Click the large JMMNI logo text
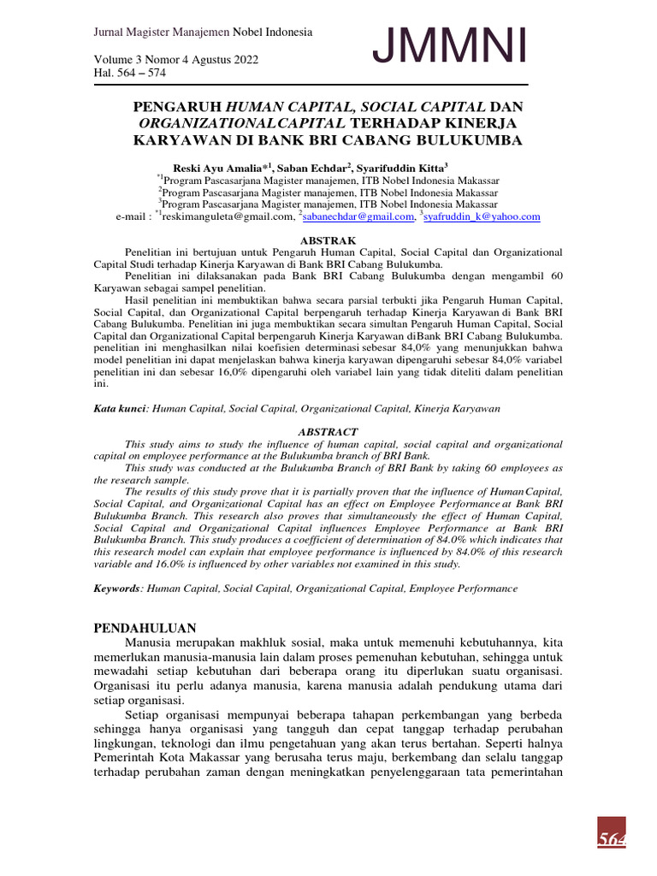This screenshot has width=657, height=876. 449,48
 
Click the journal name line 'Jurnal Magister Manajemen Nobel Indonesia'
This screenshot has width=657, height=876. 203,33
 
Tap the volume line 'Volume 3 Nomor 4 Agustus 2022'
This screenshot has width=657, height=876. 175,60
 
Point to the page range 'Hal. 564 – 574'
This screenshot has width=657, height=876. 130,73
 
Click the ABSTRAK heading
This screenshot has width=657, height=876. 328,240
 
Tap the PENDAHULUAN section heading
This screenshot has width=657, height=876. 145,627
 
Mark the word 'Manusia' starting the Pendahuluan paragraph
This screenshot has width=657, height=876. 150,642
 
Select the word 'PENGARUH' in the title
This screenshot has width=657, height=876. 177,107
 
